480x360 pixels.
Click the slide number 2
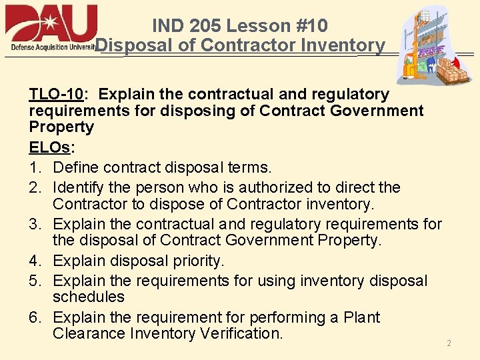449,343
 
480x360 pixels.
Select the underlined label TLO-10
56,94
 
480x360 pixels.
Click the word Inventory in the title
343,45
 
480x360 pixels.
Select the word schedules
89,297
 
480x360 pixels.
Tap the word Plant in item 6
361,317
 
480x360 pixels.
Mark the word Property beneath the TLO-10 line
61,127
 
